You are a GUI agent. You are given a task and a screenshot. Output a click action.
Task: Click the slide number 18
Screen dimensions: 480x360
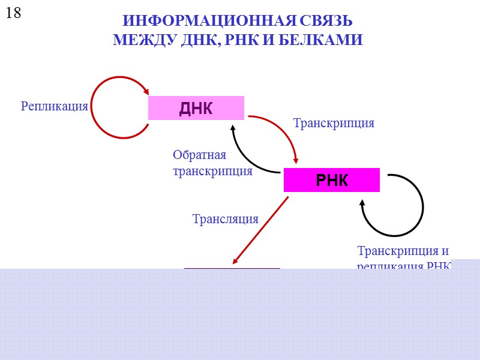14,13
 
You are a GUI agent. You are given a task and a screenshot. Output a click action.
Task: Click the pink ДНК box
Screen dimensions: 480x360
196,108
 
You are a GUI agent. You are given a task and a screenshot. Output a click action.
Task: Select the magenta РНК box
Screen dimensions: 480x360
331,180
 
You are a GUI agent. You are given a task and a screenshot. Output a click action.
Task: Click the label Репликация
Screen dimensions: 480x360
55,106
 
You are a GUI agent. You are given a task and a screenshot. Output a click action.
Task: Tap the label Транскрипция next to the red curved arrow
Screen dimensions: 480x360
333,123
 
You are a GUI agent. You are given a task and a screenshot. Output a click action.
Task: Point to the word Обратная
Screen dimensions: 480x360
199,155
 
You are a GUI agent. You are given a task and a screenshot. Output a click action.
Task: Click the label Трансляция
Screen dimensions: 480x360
225,219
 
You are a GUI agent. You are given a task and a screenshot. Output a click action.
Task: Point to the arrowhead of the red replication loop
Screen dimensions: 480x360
146,92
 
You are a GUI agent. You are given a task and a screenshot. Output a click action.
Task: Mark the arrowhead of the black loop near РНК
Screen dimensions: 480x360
362,205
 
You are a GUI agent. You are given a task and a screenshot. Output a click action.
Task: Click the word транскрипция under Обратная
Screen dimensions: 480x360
212,171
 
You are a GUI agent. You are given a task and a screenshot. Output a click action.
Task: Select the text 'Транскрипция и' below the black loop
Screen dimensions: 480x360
403,251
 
